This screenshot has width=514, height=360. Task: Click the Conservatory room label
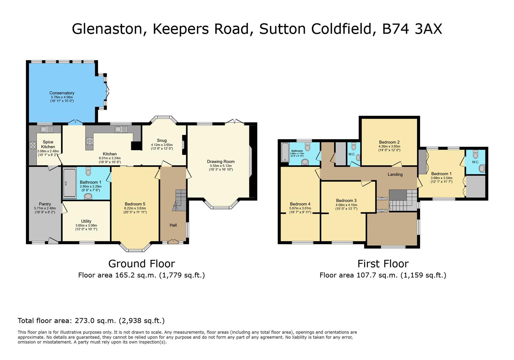point(62,93)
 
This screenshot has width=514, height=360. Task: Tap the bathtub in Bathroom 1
point(70,183)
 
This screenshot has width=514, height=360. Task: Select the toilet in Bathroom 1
point(88,172)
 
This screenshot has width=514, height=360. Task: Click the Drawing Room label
point(221,162)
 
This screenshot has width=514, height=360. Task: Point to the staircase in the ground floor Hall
point(180,200)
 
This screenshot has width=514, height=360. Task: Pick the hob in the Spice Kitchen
point(33,145)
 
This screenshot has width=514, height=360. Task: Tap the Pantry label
point(45,204)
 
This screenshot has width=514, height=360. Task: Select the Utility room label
point(86,221)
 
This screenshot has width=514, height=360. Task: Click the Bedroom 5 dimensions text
point(135,210)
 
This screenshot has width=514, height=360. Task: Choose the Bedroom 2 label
point(389,142)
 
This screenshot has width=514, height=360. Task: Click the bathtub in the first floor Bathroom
point(285,152)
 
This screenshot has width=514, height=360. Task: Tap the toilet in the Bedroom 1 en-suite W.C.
point(475,155)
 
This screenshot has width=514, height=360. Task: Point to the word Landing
point(395,174)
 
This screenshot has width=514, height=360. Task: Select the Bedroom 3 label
point(346,201)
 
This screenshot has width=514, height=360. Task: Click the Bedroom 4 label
point(300,204)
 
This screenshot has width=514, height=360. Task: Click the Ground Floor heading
point(142,264)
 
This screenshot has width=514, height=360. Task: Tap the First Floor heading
point(383,264)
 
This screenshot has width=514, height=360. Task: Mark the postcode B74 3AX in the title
point(412,29)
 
